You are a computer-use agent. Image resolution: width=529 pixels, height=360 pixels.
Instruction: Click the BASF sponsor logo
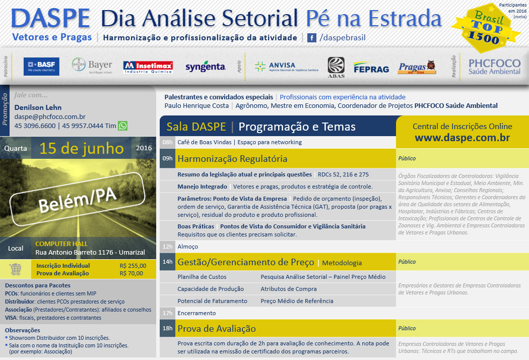[41, 67]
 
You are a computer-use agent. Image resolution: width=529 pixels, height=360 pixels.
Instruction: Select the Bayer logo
[92, 65]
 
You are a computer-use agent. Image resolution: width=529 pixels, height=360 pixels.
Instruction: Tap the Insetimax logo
[148, 67]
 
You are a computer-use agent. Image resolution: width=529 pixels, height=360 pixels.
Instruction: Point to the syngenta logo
[206, 67]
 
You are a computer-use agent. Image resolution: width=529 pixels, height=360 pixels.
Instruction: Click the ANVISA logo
[287, 67]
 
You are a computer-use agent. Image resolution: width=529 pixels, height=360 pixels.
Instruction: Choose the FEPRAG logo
[371, 68]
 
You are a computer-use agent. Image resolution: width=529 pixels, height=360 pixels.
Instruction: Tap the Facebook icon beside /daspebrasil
[312, 37]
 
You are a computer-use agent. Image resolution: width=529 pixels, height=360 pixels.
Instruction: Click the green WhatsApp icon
[123, 126]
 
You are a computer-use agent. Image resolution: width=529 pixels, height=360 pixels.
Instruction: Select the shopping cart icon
[15, 269]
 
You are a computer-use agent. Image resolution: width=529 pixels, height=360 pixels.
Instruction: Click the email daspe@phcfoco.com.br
[50, 116]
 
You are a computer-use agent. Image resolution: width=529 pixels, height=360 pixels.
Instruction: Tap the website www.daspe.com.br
[462, 138]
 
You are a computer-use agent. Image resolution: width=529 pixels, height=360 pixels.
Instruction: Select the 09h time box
[167, 158]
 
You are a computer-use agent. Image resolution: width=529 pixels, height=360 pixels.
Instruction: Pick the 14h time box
[167, 262]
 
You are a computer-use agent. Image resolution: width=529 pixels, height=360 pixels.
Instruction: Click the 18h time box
[167, 328]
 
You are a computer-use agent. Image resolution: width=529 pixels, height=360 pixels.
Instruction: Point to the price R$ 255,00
[133, 266]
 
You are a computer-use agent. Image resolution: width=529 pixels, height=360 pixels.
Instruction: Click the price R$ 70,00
[131, 273]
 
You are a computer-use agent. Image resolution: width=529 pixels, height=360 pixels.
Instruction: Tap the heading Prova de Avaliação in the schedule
[217, 329]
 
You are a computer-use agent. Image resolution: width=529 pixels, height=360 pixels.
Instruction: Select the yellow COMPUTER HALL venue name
[61, 244]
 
